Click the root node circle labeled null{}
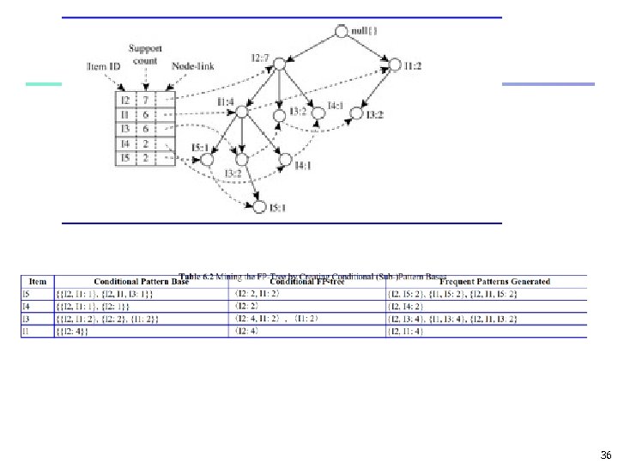(x=342, y=32)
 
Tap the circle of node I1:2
(x=395, y=65)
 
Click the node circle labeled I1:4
(x=242, y=112)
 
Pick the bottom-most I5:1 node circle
(x=257, y=205)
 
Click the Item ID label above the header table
(x=103, y=66)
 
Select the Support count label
(x=145, y=54)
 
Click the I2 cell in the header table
(x=125, y=101)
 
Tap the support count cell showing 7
(x=145, y=101)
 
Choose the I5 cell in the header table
(x=125, y=158)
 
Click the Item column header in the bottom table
(x=37, y=281)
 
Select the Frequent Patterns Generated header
(x=494, y=281)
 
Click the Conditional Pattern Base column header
(x=141, y=281)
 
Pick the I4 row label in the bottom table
(x=27, y=305)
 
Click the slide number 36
(x=606, y=455)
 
